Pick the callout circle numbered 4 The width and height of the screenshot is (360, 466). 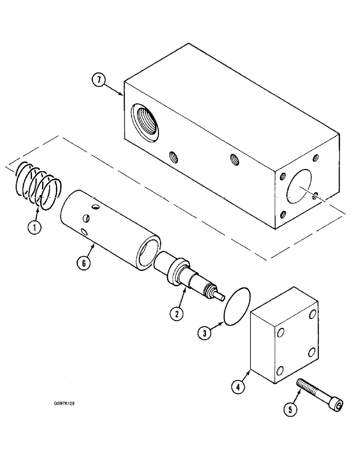[x=238, y=386]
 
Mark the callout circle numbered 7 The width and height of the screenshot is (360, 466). [x=97, y=81]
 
